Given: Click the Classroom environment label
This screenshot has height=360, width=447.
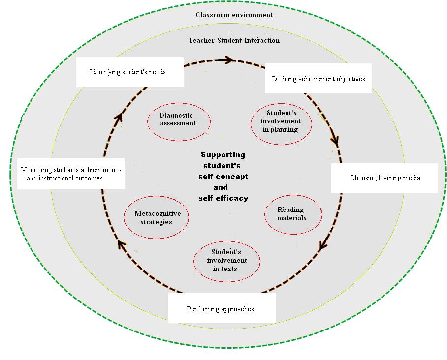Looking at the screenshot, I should (x=234, y=15).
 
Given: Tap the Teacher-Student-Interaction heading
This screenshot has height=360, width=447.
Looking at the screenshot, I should (x=234, y=40).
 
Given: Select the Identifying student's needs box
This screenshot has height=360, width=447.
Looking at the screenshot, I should (x=129, y=72).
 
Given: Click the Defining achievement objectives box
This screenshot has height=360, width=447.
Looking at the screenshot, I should (x=318, y=78).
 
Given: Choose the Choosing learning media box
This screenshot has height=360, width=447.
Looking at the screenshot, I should (x=384, y=178).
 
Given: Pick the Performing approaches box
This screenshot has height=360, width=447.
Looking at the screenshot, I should (x=221, y=309).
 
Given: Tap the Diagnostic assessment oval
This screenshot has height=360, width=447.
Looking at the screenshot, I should (x=179, y=120).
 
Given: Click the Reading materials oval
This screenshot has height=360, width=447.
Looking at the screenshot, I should (x=293, y=214).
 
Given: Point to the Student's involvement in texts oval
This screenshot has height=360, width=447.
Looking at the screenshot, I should (x=227, y=261).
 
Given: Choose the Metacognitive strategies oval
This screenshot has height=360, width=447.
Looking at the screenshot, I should (x=156, y=218).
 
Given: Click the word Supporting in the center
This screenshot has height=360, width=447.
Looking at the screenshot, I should (x=223, y=155).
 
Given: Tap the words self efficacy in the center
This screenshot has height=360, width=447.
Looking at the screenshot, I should (x=223, y=198).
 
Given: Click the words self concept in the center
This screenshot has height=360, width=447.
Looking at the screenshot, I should (x=223, y=177).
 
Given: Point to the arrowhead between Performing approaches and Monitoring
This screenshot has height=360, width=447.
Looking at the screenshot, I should (x=120, y=243).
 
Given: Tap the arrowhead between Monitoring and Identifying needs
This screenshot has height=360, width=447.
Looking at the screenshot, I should (x=118, y=118).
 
